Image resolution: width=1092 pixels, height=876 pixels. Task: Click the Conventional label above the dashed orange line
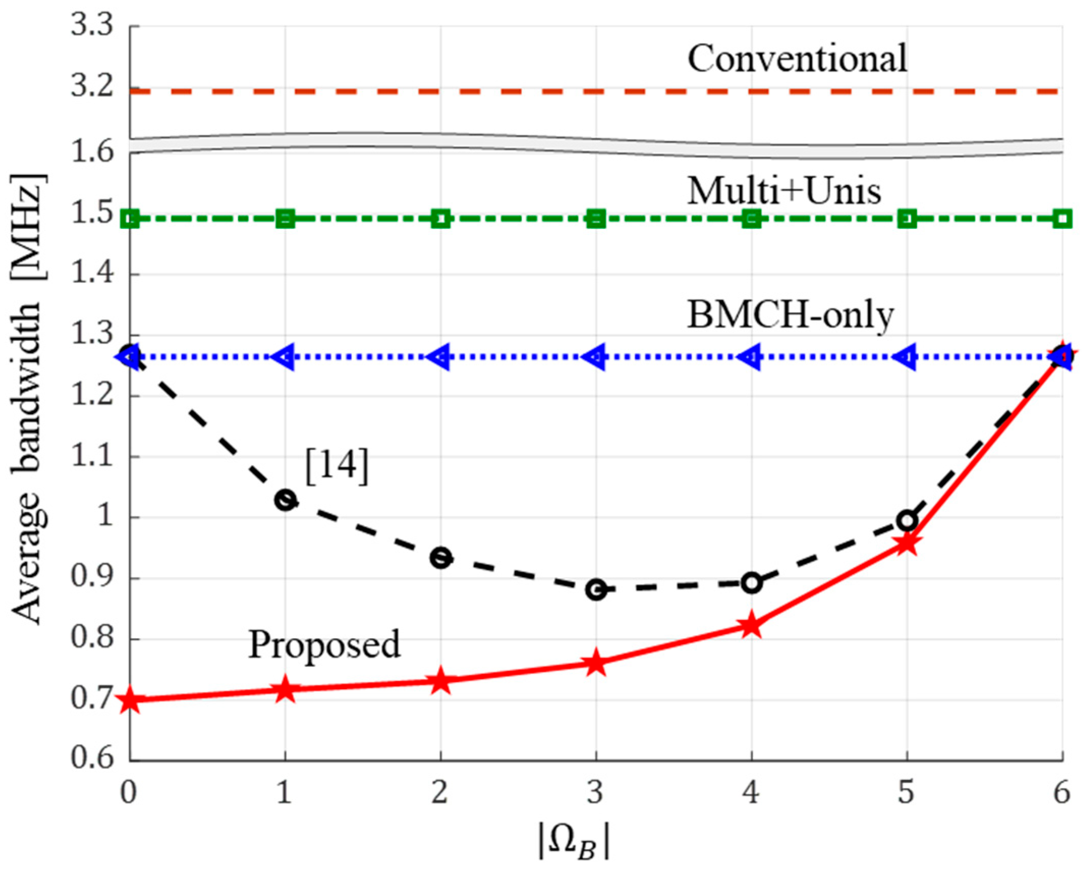point(797,58)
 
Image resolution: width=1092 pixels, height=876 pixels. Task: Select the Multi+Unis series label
point(784,191)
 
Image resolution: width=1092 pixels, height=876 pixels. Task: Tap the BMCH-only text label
point(790,316)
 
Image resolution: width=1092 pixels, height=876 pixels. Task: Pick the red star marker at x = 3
point(596,663)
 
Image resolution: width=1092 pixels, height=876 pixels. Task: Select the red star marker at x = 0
point(130,700)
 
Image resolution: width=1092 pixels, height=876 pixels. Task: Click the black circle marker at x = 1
point(285,500)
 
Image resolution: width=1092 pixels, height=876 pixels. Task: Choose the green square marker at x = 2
point(441,220)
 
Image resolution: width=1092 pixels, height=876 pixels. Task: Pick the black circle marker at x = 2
point(441,558)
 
